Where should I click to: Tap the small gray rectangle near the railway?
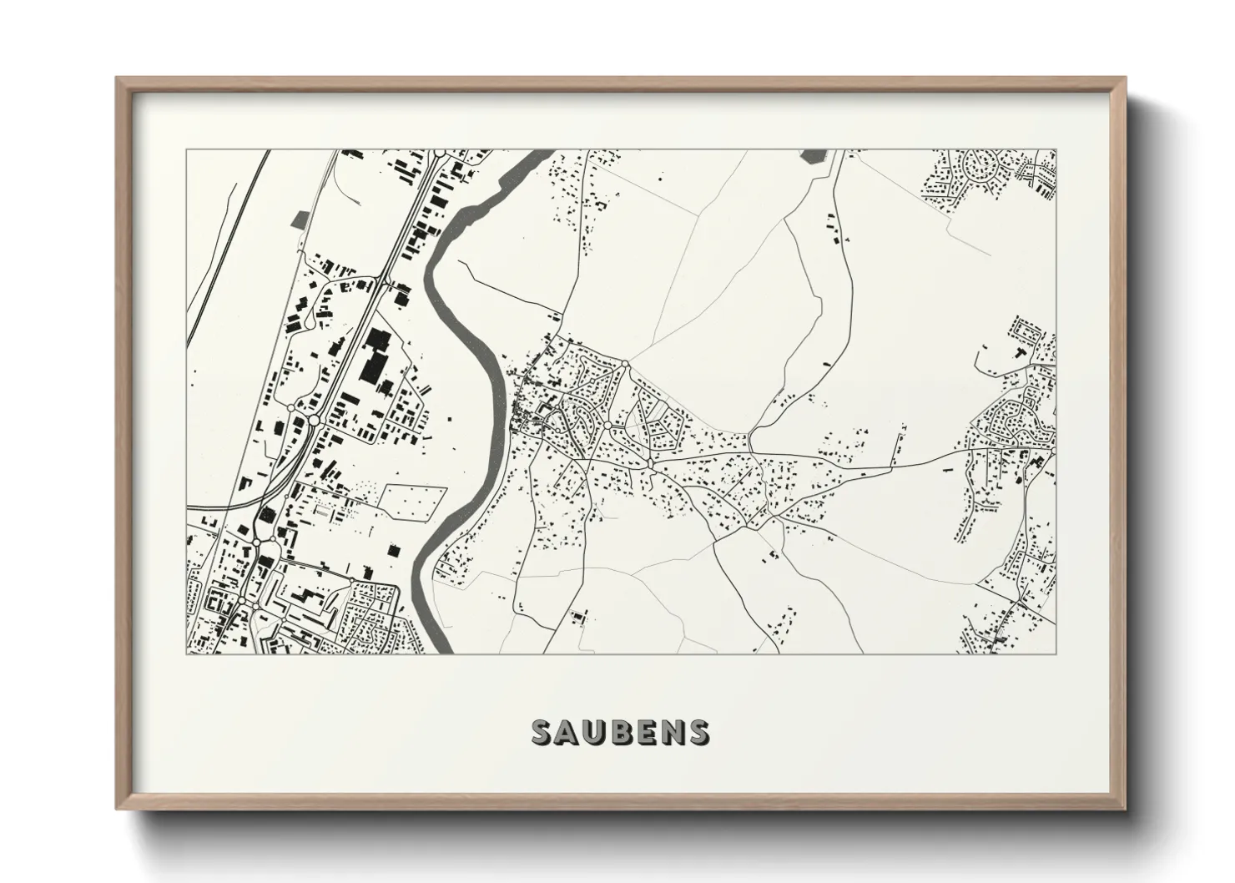click(x=299, y=219)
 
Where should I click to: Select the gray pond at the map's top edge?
click(x=812, y=156)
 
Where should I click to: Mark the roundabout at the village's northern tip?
click(x=624, y=363)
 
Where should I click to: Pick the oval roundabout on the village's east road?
click(x=649, y=462)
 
